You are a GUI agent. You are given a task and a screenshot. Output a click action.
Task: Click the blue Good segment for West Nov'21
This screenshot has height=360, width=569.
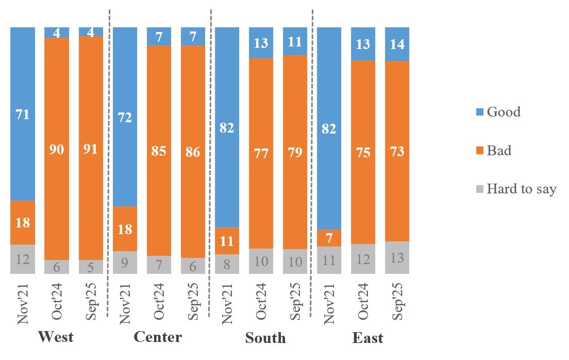[x=23, y=114]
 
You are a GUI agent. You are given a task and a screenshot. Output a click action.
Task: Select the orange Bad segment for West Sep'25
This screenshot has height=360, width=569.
[x=91, y=148]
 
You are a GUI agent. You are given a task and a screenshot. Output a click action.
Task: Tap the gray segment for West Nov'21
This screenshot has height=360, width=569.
[x=23, y=259]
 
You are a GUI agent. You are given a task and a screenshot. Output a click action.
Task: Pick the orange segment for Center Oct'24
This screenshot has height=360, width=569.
[x=159, y=151]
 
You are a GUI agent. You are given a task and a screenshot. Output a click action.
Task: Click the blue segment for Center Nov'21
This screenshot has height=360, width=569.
[x=125, y=117]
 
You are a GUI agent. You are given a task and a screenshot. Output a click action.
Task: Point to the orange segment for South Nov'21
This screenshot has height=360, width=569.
[x=227, y=241]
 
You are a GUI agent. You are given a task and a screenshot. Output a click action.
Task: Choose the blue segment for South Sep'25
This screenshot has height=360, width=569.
[x=295, y=41]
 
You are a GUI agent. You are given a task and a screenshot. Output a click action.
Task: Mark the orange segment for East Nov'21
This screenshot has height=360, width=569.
[x=329, y=238]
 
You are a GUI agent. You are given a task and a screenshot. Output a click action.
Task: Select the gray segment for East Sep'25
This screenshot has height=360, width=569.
[x=397, y=257]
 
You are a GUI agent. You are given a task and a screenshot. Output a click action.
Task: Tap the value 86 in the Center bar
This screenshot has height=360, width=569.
[x=193, y=153]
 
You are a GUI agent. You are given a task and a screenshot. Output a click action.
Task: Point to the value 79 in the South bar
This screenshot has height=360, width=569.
[x=295, y=153]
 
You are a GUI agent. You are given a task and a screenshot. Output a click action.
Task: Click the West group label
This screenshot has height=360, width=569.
[x=56, y=337]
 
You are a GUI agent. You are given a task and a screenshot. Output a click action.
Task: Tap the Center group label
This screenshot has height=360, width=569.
[x=158, y=337]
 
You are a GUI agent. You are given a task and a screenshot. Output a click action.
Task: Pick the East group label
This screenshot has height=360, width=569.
[x=368, y=338]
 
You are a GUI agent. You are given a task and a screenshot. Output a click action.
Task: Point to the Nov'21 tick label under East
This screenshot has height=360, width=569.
[x=329, y=302]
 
